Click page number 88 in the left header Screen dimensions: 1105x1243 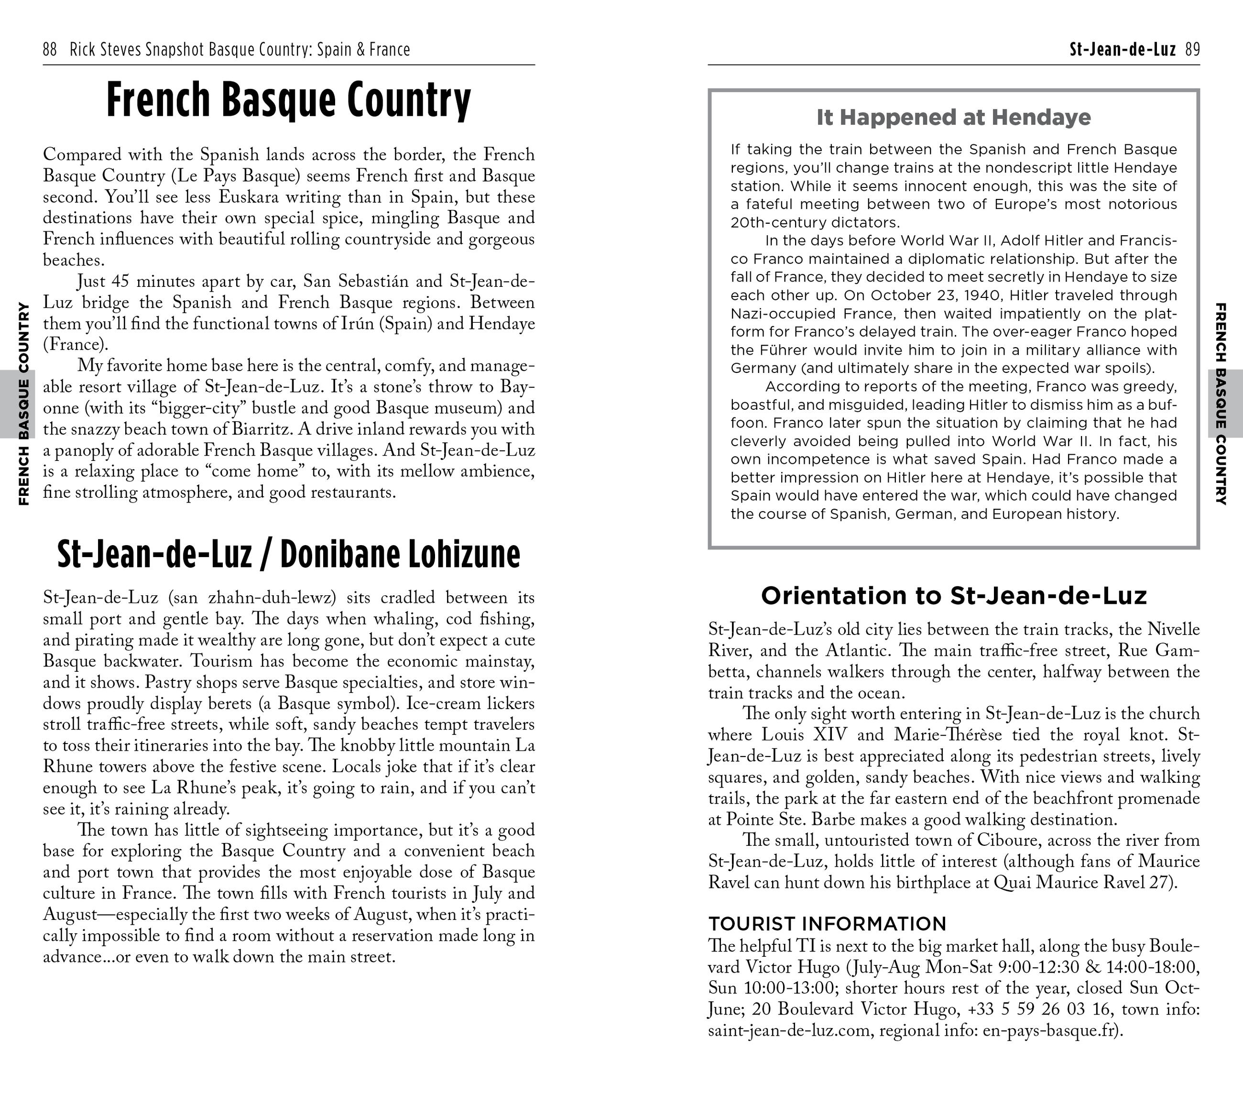click(50, 49)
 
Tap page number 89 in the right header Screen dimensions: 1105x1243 click(1192, 49)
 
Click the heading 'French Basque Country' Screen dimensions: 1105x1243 click(288, 100)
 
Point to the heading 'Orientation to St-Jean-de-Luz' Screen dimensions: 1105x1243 click(954, 596)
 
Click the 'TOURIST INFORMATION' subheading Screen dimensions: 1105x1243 click(827, 923)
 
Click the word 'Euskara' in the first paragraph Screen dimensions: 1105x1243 click(245, 197)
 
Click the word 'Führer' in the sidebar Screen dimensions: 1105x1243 click(789, 350)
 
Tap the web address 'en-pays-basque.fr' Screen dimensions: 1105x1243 click(1047, 1031)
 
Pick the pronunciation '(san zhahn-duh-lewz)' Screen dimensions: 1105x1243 click(252, 598)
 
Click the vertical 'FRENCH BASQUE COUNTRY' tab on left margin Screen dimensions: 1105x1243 click(24, 404)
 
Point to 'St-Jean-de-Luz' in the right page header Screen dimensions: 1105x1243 click(1122, 49)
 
